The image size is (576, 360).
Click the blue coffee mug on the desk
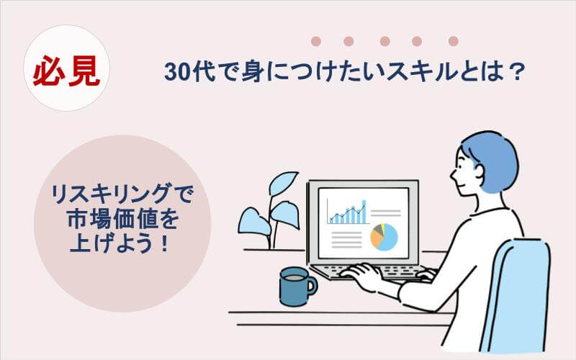click(x=294, y=286)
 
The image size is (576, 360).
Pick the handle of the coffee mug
click(x=312, y=285)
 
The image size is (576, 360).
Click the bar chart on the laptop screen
click(x=348, y=213)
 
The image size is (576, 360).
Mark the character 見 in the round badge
click(x=84, y=72)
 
